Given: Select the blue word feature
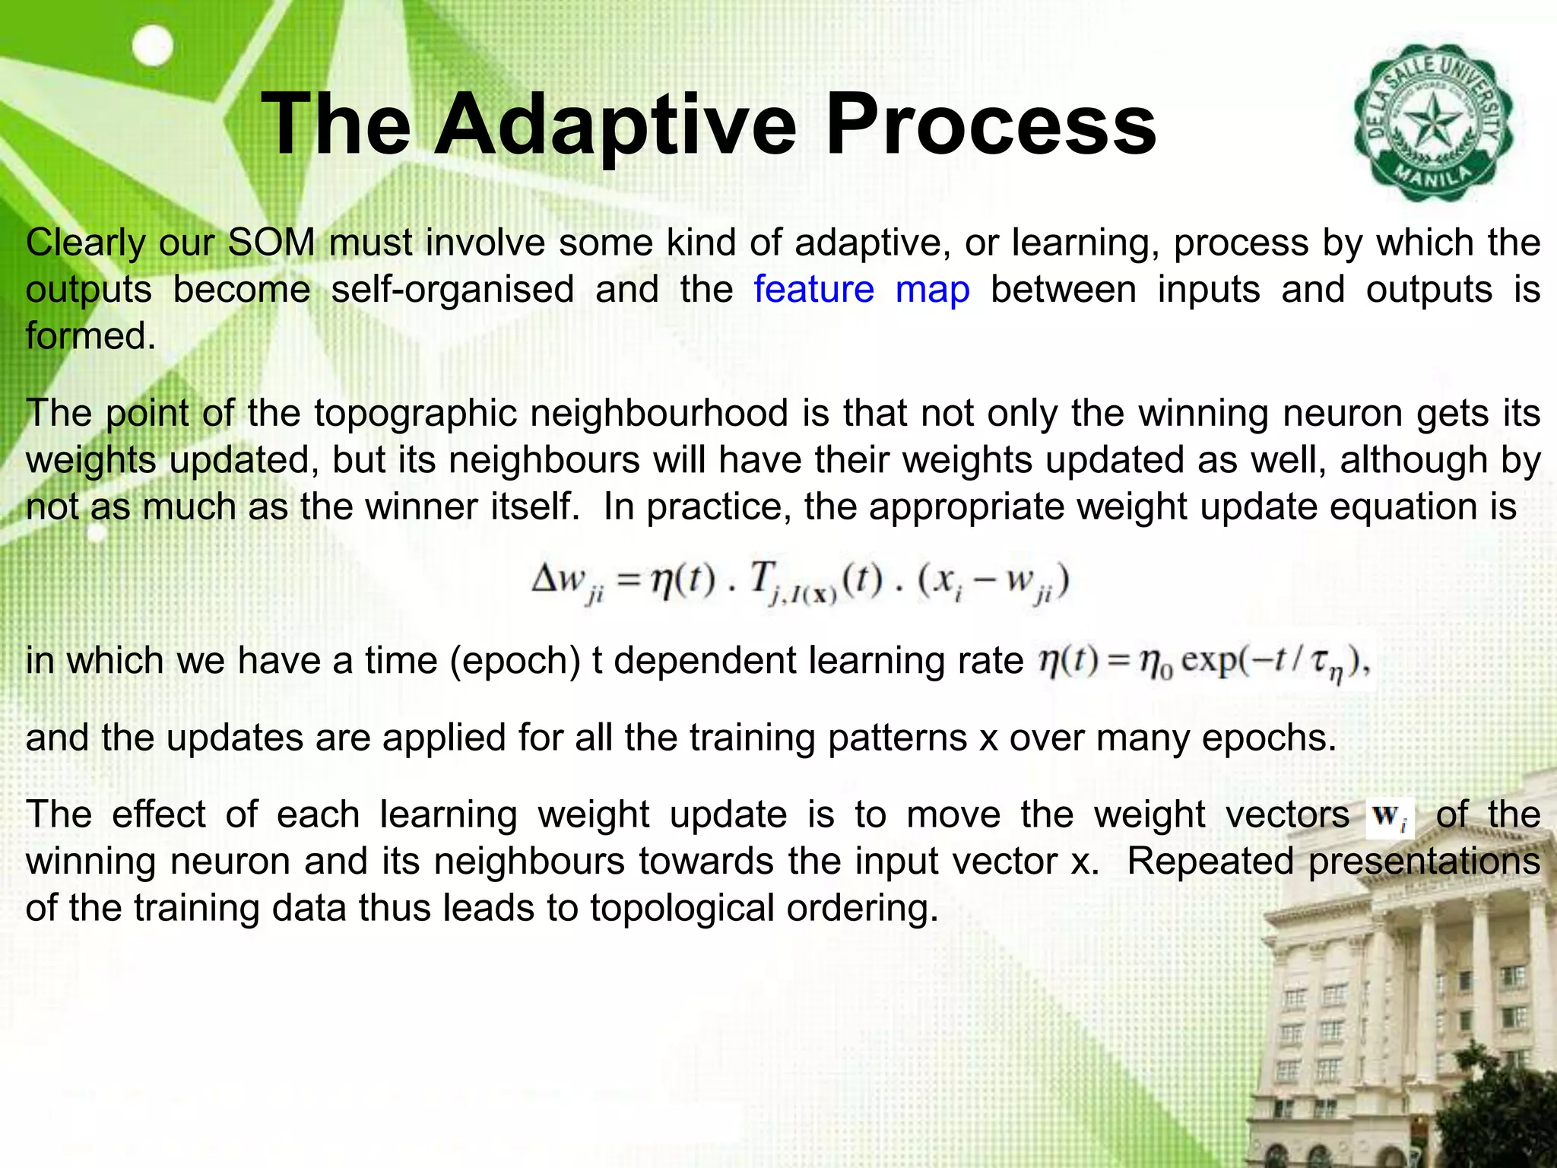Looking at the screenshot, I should pyautogui.click(x=813, y=290).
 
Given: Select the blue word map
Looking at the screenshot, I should pyautogui.click(x=932, y=290).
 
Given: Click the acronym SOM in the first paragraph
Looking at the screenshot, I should pyautogui.click(x=271, y=243).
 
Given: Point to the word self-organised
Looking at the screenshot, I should pyautogui.click(x=452, y=290).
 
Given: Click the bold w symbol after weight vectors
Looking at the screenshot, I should pyautogui.click(x=1387, y=817).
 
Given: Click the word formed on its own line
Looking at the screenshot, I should pyautogui.click(x=90, y=336).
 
